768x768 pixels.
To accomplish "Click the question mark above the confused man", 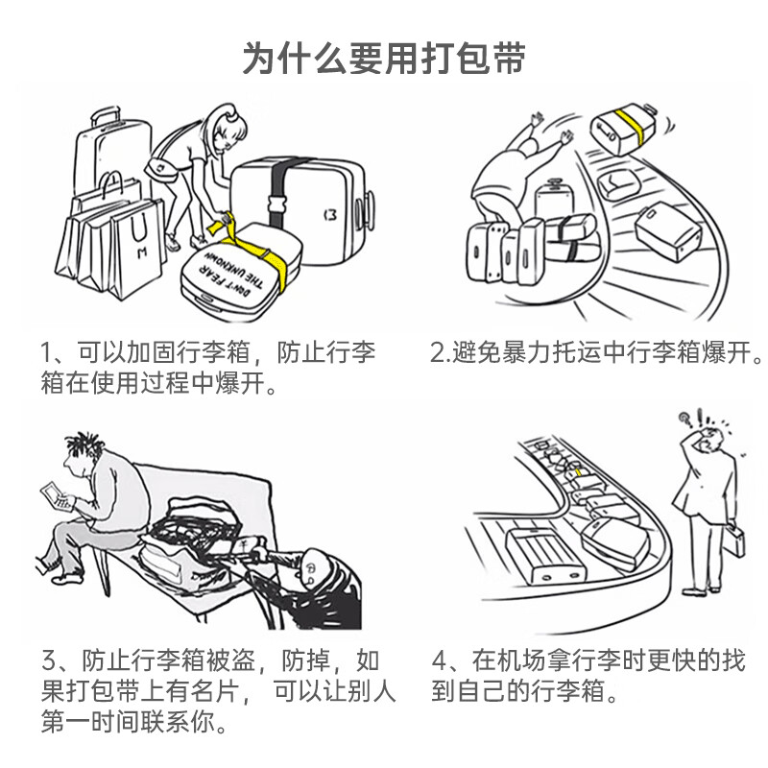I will [684, 419].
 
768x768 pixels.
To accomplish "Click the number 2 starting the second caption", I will [437, 353].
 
